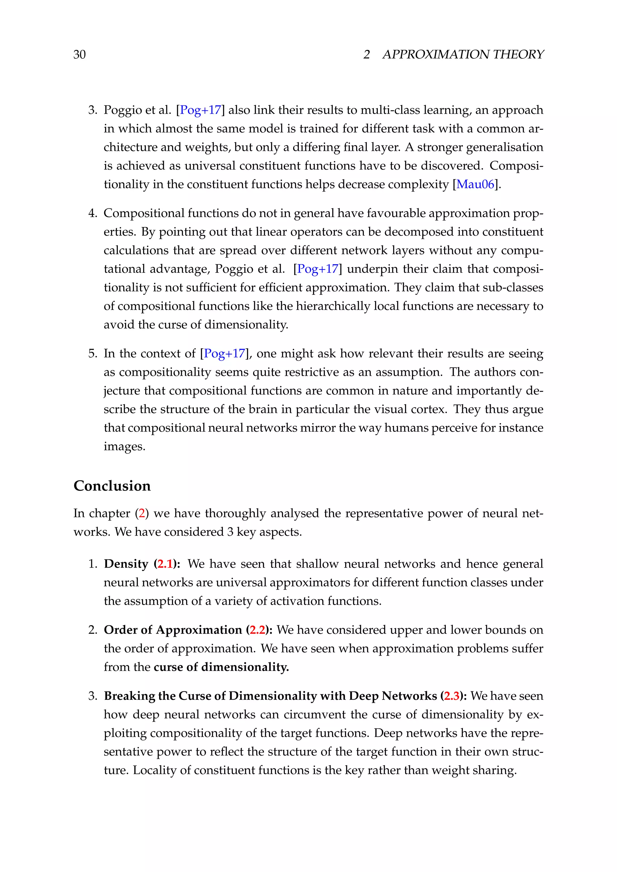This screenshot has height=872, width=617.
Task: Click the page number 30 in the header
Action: click(x=80, y=55)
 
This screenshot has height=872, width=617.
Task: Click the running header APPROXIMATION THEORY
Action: click(x=463, y=55)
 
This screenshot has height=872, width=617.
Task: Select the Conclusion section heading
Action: click(x=112, y=486)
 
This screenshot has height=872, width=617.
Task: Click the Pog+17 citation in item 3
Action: click(x=200, y=110)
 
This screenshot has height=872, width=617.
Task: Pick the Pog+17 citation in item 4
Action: click(x=317, y=269)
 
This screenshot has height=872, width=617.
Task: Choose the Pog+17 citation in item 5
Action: click(x=224, y=353)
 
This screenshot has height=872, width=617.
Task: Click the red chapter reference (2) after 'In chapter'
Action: click(x=142, y=513)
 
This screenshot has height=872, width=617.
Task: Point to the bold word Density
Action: click(x=126, y=564)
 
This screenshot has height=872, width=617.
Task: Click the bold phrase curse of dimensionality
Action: click(x=221, y=667)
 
